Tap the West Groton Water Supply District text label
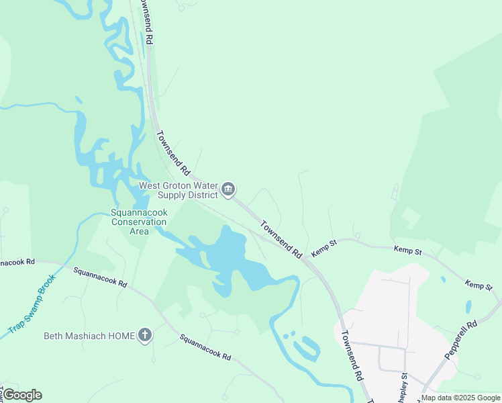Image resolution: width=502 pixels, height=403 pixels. pyautogui.click(x=179, y=190)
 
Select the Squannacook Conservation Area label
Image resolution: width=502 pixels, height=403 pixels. pyautogui.click(x=138, y=222)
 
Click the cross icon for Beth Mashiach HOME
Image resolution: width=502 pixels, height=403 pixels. pyautogui.click(x=144, y=335)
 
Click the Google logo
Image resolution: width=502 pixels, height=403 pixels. pyautogui.click(x=22, y=394)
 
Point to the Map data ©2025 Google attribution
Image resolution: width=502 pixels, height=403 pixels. pyautogui.click(x=460, y=398)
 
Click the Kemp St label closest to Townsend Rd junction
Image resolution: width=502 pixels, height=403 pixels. pyautogui.click(x=323, y=249)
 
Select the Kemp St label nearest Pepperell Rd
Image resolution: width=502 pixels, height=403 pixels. pyautogui.click(x=479, y=286)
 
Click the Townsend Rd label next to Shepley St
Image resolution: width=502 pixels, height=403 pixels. pyautogui.click(x=352, y=355)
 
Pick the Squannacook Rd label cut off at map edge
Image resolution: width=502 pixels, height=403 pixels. pyautogui.click(x=17, y=261)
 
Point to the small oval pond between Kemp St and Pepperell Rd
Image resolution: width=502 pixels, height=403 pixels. pyautogui.click(x=468, y=306)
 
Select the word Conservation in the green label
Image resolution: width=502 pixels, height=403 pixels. pyautogui.click(x=138, y=222)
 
